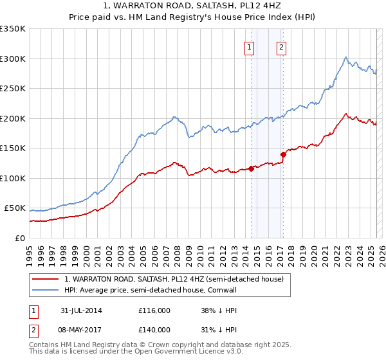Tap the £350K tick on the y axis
click(x=13, y=29)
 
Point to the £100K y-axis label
click(x=13, y=178)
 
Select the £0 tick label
click(x=21, y=238)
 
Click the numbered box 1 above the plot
click(x=248, y=46)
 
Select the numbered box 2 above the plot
click(x=282, y=46)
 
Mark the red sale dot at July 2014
click(x=251, y=168)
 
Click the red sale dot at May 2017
click(x=282, y=154)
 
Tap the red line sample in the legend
click(x=45, y=279)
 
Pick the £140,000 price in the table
click(x=154, y=330)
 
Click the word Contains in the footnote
click(x=44, y=345)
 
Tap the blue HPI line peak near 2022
click(x=346, y=57)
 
